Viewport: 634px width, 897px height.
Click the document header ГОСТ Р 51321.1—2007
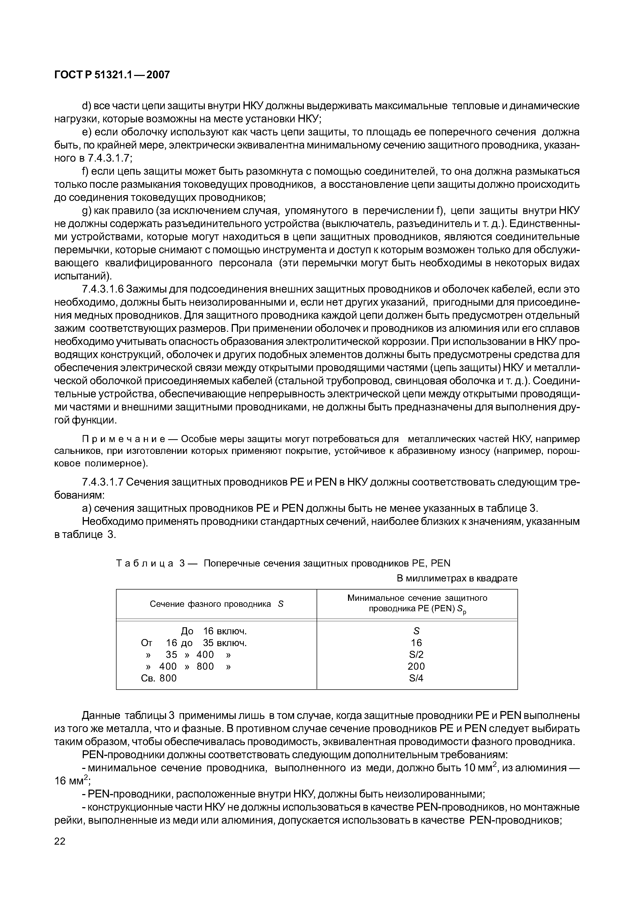(x=112, y=75)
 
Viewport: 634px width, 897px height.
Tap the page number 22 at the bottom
(x=60, y=841)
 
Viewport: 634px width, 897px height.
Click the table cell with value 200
(x=416, y=666)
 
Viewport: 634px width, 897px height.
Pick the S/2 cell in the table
(x=416, y=654)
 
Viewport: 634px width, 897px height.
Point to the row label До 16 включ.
(x=214, y=631)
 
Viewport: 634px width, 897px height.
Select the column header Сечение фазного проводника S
(x=216, y=604)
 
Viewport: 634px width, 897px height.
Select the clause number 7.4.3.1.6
(x=103, y=289)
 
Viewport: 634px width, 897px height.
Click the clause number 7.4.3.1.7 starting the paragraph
(x=103, y=482)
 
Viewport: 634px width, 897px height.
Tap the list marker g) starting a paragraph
(x=86, y=211)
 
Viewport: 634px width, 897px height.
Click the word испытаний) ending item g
(x=83, y=276)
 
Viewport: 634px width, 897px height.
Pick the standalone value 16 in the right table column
(x=416, y=643)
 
